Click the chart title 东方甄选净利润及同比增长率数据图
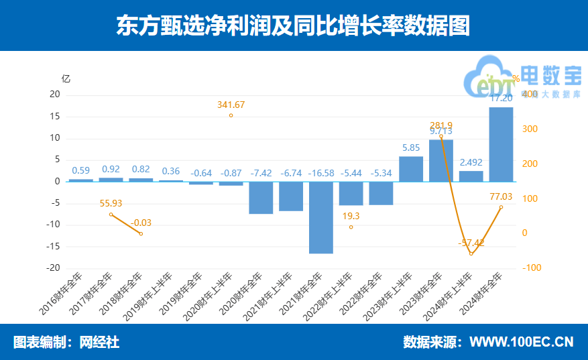(x=293, y=26)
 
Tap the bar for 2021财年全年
(x=320, y=217)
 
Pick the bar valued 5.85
(x=411, y=169)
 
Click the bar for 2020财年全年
(x=261, y=197)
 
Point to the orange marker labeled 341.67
(x=231, y=115)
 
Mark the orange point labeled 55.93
(x=111, y=215)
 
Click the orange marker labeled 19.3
(x=351, y=227)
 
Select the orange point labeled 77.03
(x=501, y=207)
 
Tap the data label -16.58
(x=320, y=173)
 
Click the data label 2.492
(x=471, y=162)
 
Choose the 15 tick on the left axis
(x=55, y=117)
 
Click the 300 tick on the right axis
(x=529, y=129)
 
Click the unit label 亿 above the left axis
(x=65, y=78)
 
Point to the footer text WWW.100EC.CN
(x=521, y=342)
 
